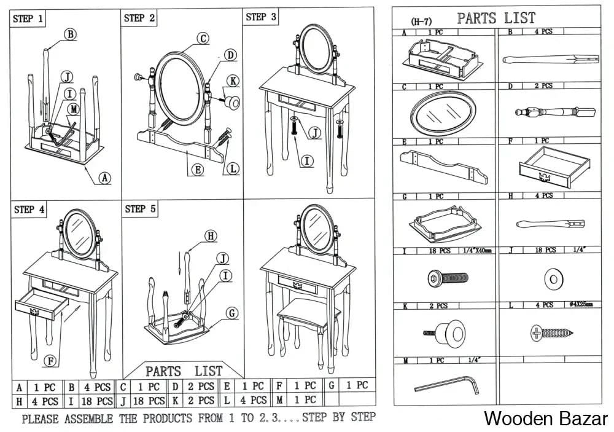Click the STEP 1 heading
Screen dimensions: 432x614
[x=28, y=19]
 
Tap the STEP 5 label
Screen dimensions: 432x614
[x=141, y=209]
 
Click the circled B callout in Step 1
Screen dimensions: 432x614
[x=71, y=34]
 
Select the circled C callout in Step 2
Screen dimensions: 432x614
[x=203, y=38]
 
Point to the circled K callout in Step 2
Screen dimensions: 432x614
[x=233, y=81]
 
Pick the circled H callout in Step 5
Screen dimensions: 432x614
[x=211, y=235]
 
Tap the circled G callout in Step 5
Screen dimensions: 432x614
[x=231, y=313]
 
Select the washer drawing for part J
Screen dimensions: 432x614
[x=553, y=280]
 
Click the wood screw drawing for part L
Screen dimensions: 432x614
[x=551, y=334]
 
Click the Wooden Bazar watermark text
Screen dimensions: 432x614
[x=545, y=418]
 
